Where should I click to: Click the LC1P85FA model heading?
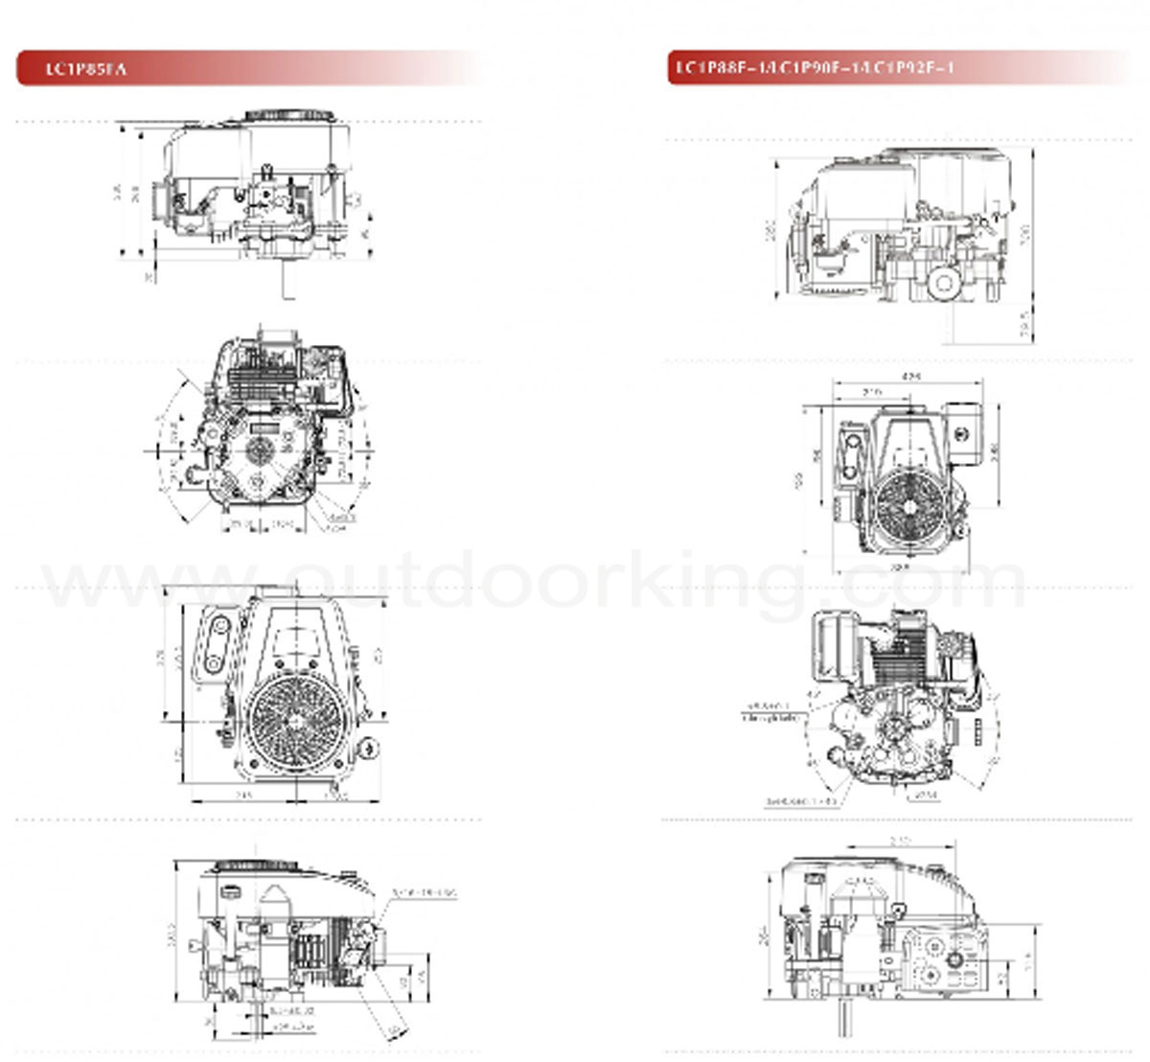point(86,69)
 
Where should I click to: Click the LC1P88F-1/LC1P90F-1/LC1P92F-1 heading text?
point(815,68)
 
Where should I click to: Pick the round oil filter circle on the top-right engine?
point(944,283)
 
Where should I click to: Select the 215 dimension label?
point(871,392)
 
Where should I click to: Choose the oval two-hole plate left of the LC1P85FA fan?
point(217,641)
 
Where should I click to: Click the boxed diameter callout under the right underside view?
point(923,796)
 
